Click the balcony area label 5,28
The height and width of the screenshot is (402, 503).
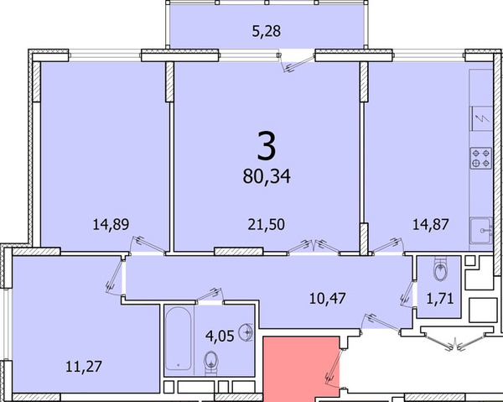pos(267,31)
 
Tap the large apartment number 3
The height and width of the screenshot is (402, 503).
pos(267,146)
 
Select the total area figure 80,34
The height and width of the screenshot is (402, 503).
pos(267,176)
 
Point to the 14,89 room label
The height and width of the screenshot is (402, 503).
pos(111,224)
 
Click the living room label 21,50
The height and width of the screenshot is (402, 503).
pos(266,224)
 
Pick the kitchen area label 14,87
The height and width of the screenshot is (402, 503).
pos(430,224)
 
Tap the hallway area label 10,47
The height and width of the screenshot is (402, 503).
pos(327,298)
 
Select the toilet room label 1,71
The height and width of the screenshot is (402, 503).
pos(440,299)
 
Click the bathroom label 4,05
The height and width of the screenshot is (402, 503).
pos(220,336)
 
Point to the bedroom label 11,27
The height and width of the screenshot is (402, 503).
pos(83,367)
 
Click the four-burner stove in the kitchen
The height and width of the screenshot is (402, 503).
pos(481,158)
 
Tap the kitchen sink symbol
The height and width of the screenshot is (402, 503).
pos(481,231)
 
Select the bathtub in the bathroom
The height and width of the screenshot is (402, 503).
pos(179,338)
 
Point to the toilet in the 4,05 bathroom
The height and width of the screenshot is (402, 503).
pos(211,363)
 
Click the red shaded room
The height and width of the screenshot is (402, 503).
pos(301,369)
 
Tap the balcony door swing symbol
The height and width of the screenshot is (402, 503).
pos(296,62)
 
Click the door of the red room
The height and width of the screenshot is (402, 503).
pos(334,368)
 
